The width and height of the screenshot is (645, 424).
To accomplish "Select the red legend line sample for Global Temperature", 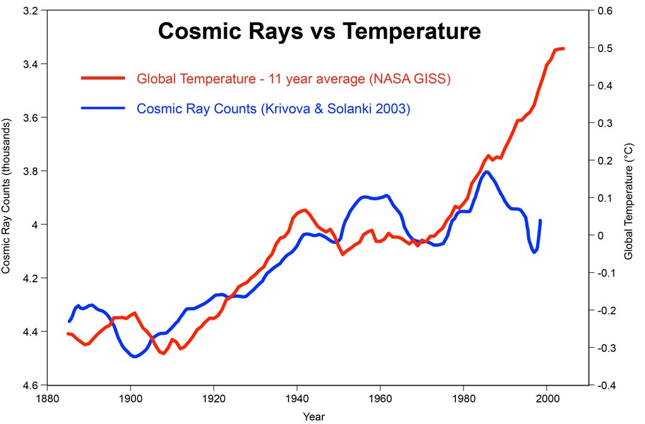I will [104, 78].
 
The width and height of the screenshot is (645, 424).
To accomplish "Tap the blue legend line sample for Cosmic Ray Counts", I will [104, 108].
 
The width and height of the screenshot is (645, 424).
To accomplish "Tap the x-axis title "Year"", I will [314, 416].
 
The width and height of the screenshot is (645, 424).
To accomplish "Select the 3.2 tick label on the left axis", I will [30, 11].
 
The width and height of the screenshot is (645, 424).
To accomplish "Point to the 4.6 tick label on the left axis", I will [30, 385].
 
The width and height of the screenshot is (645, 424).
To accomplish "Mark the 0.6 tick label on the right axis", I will [606, 11].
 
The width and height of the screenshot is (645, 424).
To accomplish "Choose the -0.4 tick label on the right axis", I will [607, 385].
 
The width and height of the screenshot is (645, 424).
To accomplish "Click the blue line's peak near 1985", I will [486, 171].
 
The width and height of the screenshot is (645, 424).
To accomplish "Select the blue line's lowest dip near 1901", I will [134, 357].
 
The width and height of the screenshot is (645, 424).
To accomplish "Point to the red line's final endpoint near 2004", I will [563, 48].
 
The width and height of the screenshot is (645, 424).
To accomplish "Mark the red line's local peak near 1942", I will [304, 210].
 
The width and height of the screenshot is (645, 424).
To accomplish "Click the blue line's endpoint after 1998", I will [540, 221].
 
